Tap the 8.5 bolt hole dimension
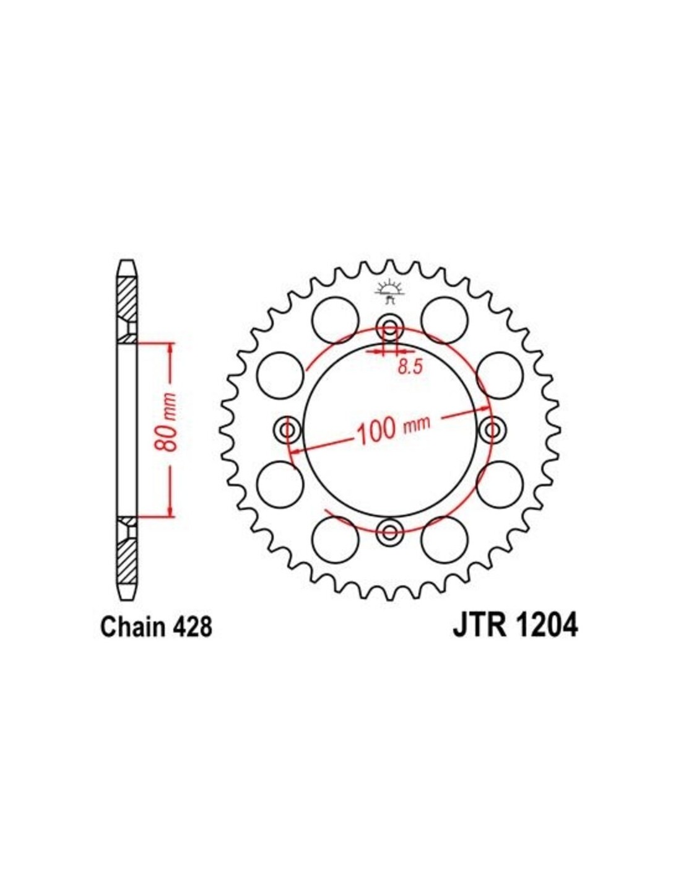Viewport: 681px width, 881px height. click(410, 367)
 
